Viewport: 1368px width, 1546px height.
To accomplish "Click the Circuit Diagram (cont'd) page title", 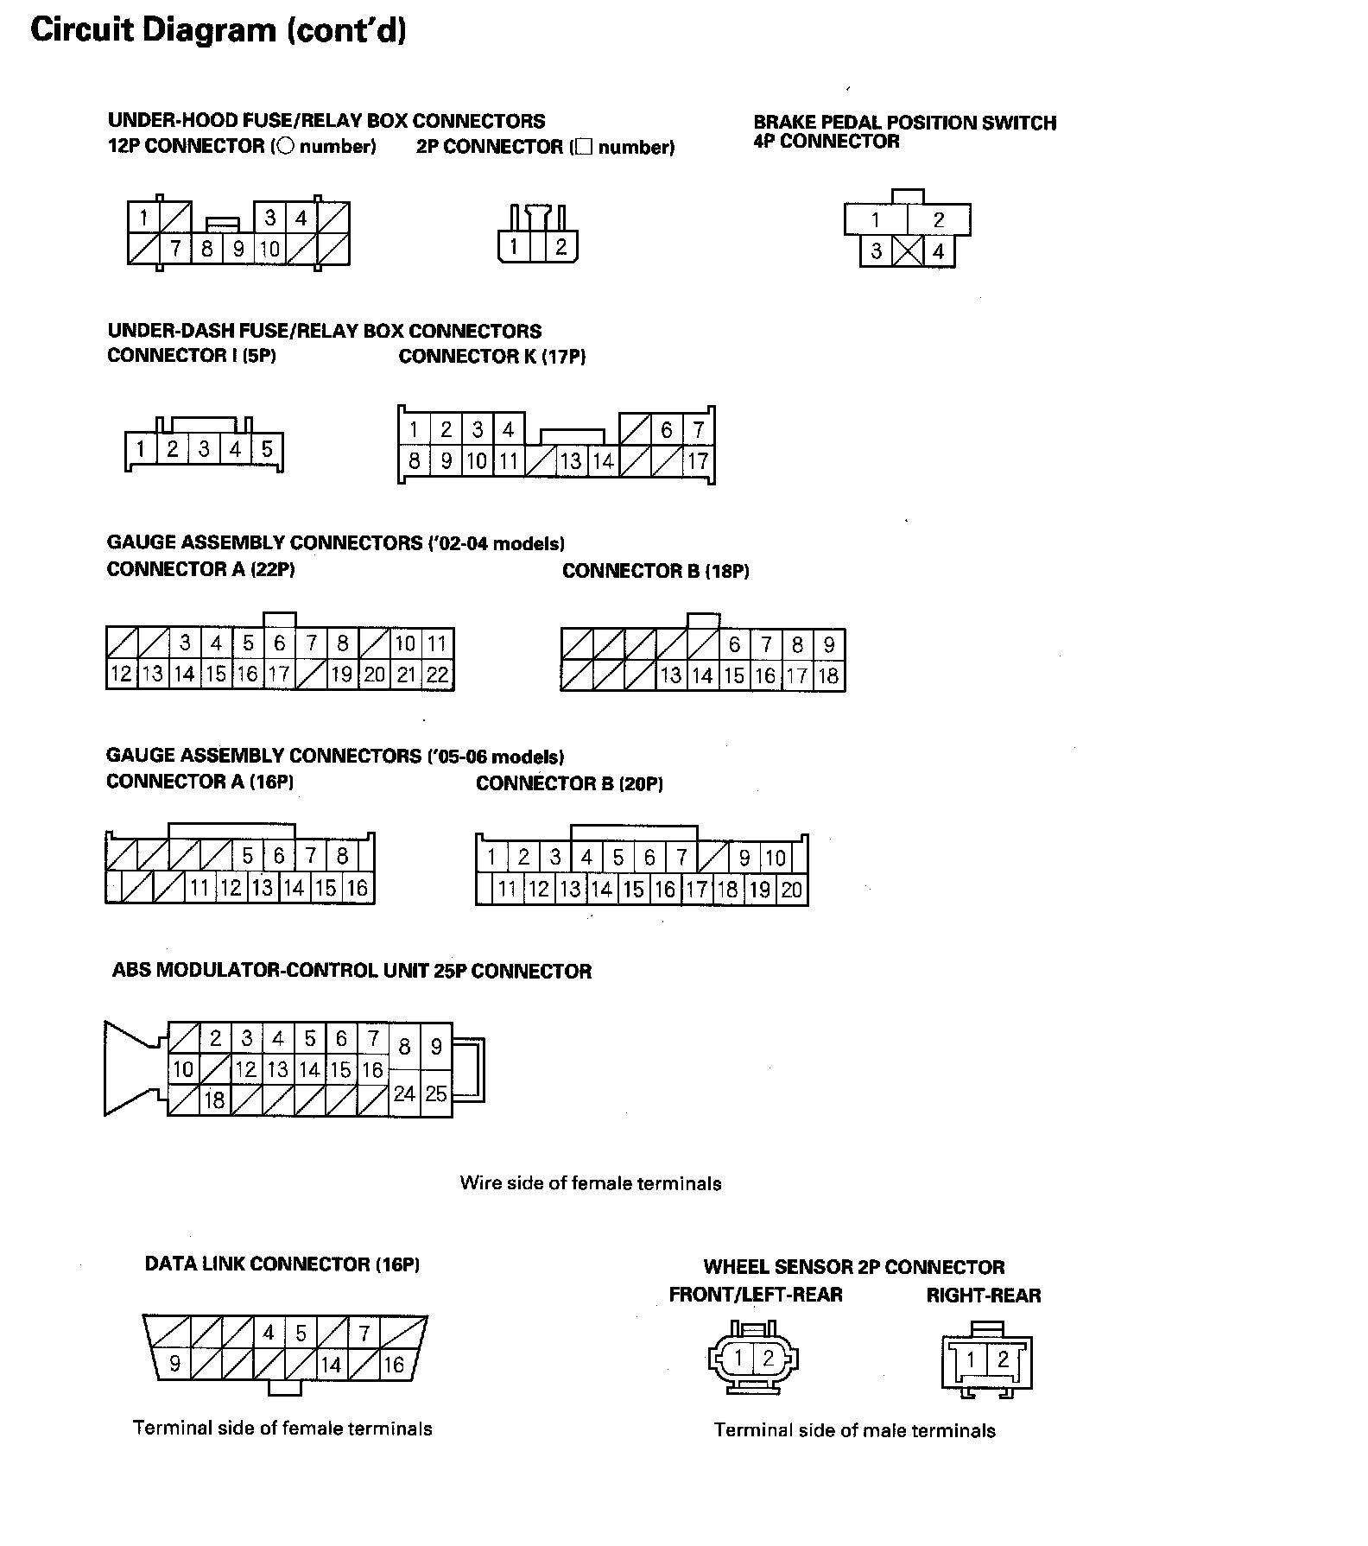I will [x=218, y=30].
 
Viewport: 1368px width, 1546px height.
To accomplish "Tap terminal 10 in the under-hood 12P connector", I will [x=270, y=250].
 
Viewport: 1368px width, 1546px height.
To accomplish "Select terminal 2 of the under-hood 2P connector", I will [x=560, y=247].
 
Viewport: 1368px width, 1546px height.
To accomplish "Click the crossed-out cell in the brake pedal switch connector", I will [x=907, y=251].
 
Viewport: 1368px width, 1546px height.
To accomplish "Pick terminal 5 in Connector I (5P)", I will [x=267, y=449].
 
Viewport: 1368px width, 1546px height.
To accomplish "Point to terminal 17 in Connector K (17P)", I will [x=698, y=461].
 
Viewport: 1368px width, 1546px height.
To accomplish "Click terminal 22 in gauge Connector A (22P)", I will [x=438, y=675].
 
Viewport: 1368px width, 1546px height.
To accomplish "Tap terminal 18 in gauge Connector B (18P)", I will [x=828, y=675].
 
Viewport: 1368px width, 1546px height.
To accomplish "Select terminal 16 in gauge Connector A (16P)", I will [x=357, y=888].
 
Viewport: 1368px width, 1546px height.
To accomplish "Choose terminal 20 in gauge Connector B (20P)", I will [x=791, y=890].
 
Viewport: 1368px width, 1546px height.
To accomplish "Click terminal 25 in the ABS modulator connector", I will [x=436, y=1093].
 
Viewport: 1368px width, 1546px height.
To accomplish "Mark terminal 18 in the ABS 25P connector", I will [x=214, y=1099].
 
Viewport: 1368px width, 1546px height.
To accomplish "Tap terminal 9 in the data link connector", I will [x=174, y=1364].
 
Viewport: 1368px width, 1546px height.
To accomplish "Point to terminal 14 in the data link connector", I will [x=331, y=1365].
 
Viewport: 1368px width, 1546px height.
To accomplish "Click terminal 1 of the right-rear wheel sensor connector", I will [x=971, y=1360].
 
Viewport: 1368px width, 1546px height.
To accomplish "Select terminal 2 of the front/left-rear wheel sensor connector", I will [x=768, y=1359].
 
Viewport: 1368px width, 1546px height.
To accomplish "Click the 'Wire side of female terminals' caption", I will [x=590, y=1183].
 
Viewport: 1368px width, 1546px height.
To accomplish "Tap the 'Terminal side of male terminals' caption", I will [x=854, y=1430].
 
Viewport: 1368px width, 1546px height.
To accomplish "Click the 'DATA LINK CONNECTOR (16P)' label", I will [x=282, y=1264].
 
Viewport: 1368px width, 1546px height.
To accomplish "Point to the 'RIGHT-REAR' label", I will [x=984, y=1296].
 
